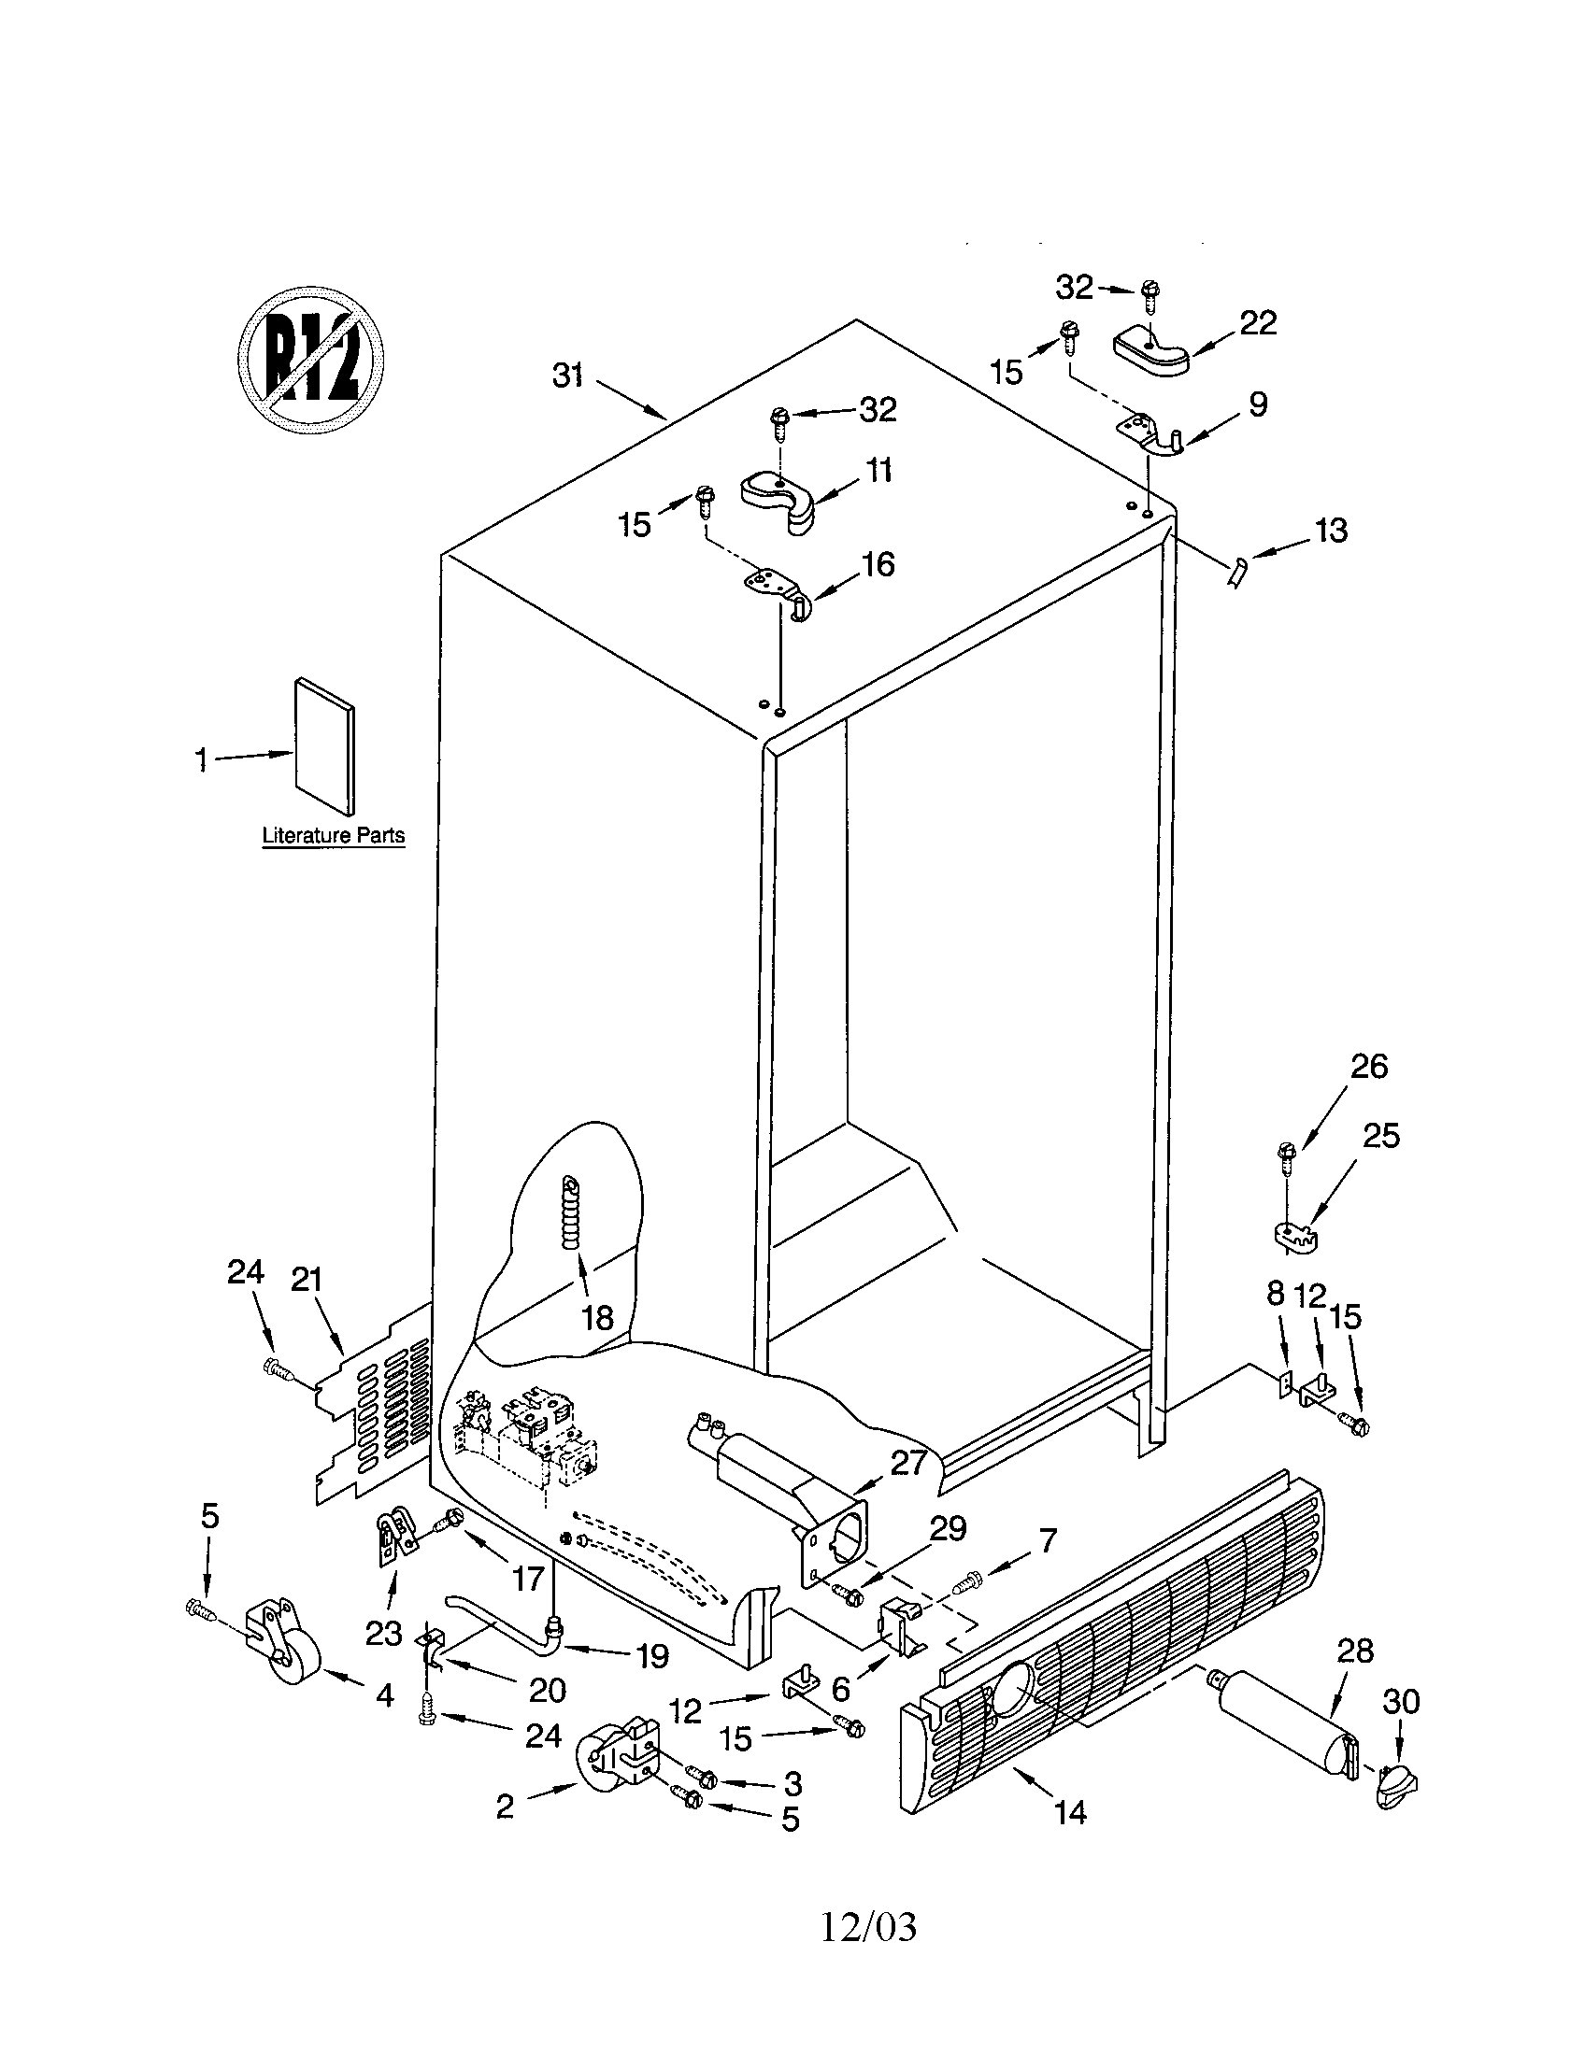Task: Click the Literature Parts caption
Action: (x=334, y=834)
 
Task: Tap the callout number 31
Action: (x=567, y=376)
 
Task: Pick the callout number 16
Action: (x=878, y=564)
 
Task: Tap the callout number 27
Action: (x=908, y=1463)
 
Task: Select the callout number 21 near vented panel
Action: (x=307, y=1280)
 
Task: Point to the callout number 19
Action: (x=653, y=1655)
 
